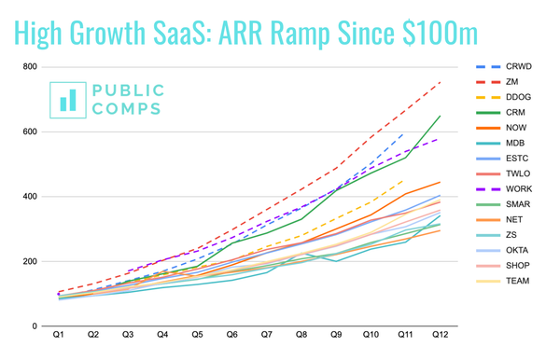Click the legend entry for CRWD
[x=521, y=68]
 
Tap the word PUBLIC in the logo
[x=128, y=90]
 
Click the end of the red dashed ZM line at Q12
[x=441, y=82]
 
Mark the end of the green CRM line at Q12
[x=441, y=116]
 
